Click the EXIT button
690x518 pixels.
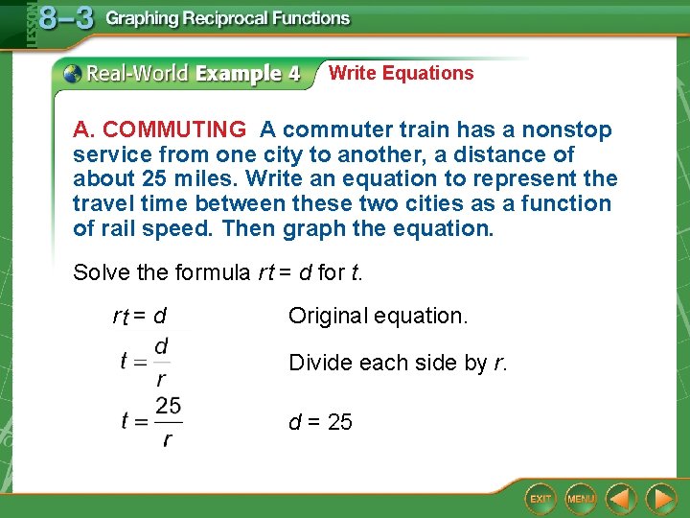pos(541,499)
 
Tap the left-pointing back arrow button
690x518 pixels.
pos(621,499)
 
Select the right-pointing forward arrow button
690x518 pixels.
pos(661,499)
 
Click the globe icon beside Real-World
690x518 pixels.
pos(73,73)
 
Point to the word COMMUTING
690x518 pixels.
pos(174,129)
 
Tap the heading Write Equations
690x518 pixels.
pos(401,73)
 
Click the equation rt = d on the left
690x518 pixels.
pos(140,316)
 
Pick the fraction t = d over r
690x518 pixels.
pos(147,361)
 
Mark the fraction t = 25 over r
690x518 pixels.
pos(151,421)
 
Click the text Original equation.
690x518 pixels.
pos(378,316)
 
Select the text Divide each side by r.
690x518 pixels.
pos(398,363)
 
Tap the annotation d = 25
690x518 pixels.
pos(320,422)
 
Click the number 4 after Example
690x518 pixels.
pos(293,74)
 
